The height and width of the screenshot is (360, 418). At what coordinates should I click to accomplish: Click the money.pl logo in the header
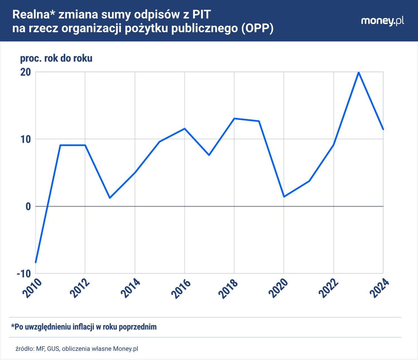click(x=382, y=21)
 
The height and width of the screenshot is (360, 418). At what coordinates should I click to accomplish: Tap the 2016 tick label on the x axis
click(x=181, y=288)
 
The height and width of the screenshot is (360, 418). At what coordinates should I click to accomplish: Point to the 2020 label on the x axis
click(x=280, y=288)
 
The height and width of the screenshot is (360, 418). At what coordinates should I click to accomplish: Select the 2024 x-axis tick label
click(x=380, y=288)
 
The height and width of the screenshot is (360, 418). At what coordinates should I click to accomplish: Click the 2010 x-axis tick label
click(x=32, y=288)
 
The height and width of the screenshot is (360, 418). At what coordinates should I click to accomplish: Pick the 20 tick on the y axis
click(x=25, y=72)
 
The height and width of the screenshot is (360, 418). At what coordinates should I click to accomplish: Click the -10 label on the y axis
click(x=24, y=274)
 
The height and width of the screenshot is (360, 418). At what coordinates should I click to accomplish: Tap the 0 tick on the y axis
click(x=28, y=206)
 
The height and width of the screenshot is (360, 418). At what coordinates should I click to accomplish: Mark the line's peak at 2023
click(x=359, y=72)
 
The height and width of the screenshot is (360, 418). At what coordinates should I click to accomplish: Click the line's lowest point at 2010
click(x=36, y=262)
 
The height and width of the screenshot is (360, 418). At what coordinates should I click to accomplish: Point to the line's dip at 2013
click(x=110, y=198)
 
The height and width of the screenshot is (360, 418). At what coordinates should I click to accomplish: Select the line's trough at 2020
click(x=284, y=197)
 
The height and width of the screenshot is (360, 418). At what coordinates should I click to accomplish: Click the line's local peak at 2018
click(x=234, y=119)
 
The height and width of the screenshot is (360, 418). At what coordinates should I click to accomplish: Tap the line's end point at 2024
click(x=383, y=129)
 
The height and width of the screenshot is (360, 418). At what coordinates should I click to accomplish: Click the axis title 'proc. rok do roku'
click(x=56, y=58)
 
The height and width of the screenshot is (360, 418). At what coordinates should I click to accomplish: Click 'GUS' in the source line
click(x=53, y=349)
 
